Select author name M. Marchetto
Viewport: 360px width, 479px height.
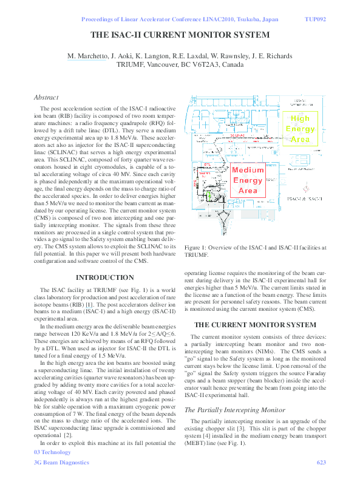point(87,56)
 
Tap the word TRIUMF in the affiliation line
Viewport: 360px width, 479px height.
point(132,64)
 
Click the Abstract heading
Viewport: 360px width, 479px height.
point(46,97)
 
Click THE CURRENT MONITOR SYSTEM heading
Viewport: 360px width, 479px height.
point(254,324)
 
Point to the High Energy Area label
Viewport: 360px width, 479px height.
point(301,129)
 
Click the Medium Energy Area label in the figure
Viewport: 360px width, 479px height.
point(248,180)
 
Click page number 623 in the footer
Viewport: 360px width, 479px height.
point(322,463)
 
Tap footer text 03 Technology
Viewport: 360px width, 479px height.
point(52,452)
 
